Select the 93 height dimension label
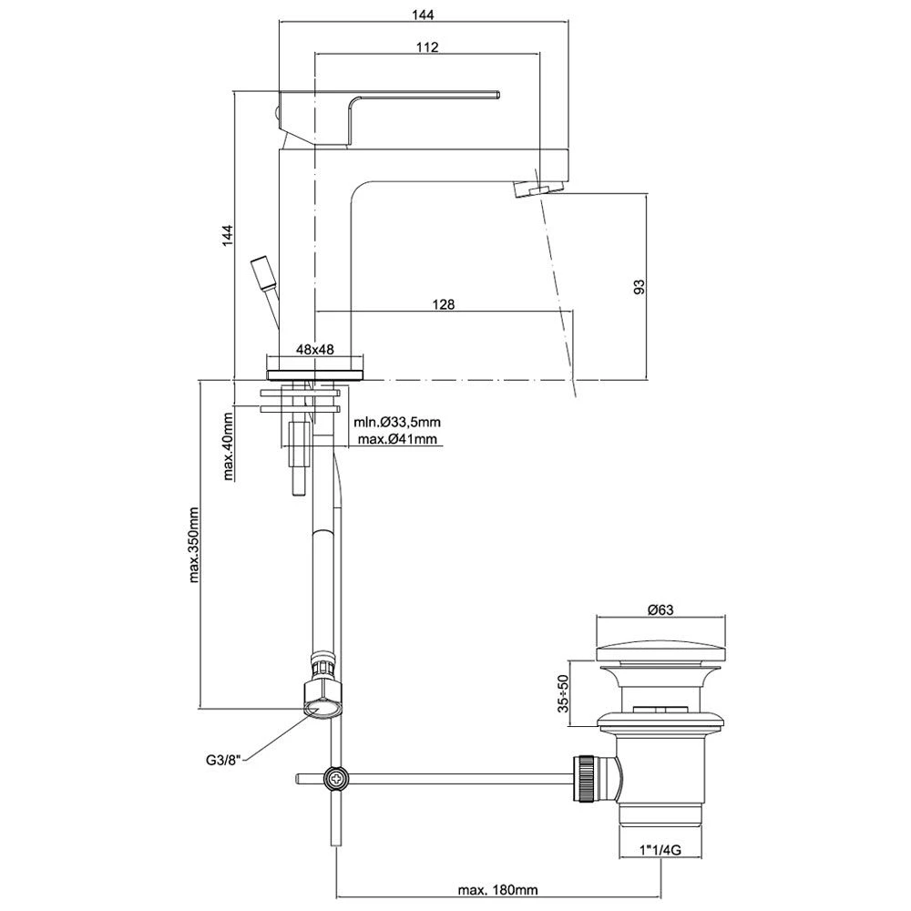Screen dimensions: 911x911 tap(639, 286)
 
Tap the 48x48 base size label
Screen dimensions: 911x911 tap(313, 350)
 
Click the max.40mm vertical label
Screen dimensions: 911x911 tap(228, 445)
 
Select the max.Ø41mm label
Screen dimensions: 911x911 tap(398, 439)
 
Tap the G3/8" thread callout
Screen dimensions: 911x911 tap(223, 757)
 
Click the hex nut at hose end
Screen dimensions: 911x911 tap(323, 698)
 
